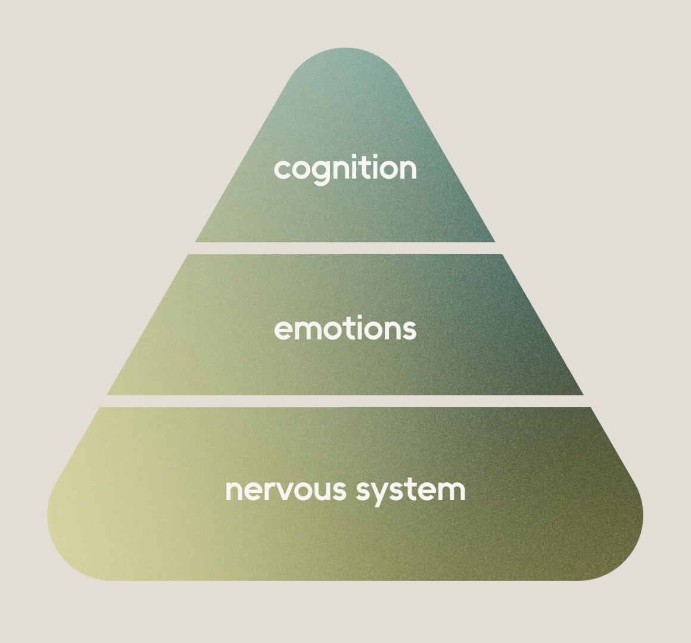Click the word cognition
345,168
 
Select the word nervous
285,490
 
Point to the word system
410,491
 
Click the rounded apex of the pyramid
345,49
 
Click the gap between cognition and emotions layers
345,248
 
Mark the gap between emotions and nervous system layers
345,401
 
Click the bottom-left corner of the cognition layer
195,242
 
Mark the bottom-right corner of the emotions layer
583,395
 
